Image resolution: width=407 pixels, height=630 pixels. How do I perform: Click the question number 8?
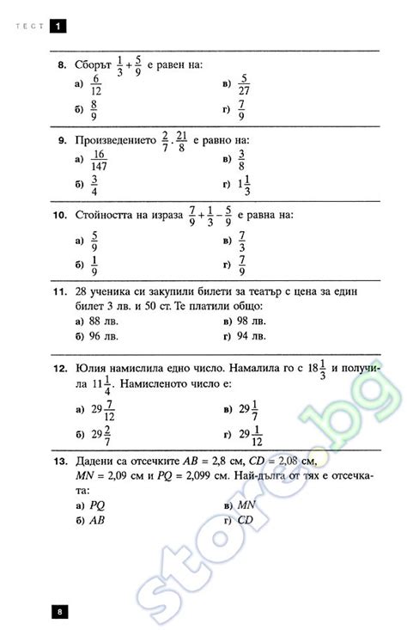(x=61, y=65)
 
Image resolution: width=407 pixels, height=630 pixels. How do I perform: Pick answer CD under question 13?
(x=244, y=520)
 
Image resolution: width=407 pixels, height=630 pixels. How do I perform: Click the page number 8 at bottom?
(x=59, y=612)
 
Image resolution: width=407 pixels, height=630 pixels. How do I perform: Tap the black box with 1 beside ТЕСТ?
(x=58, y=27)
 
